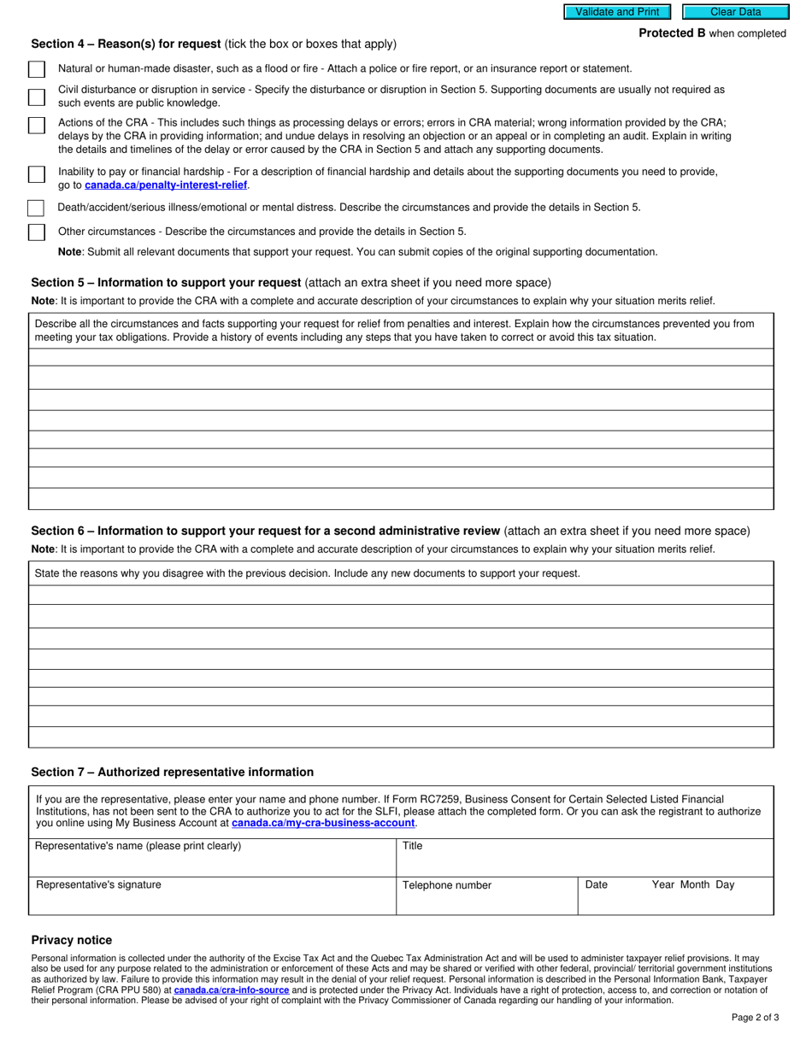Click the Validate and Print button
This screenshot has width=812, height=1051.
point(617,12)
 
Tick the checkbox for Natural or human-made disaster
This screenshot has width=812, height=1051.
point(37,69)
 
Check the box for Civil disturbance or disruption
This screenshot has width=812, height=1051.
point(37,97)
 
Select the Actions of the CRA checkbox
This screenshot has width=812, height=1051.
point(37,125)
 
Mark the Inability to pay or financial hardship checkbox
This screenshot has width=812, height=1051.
point(37,174)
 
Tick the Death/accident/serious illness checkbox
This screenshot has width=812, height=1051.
point(36,208)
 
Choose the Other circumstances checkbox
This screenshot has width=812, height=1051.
point(37,232)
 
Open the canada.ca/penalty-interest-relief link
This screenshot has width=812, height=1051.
point(166,185)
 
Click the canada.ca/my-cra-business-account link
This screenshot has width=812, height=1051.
point(323,824)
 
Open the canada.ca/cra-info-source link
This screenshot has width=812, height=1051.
point(231,990)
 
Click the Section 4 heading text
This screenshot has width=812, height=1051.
point(127,44)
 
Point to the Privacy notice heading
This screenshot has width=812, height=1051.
point(72,940)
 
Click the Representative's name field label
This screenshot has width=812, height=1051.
point(138,846)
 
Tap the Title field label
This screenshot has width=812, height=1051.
point(412,846)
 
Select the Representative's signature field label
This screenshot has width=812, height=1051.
point(98,884)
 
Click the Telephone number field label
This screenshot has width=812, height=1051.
point(447,885)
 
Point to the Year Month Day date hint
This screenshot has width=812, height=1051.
point(692,884)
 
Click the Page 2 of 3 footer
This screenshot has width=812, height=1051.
point(755,1017)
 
